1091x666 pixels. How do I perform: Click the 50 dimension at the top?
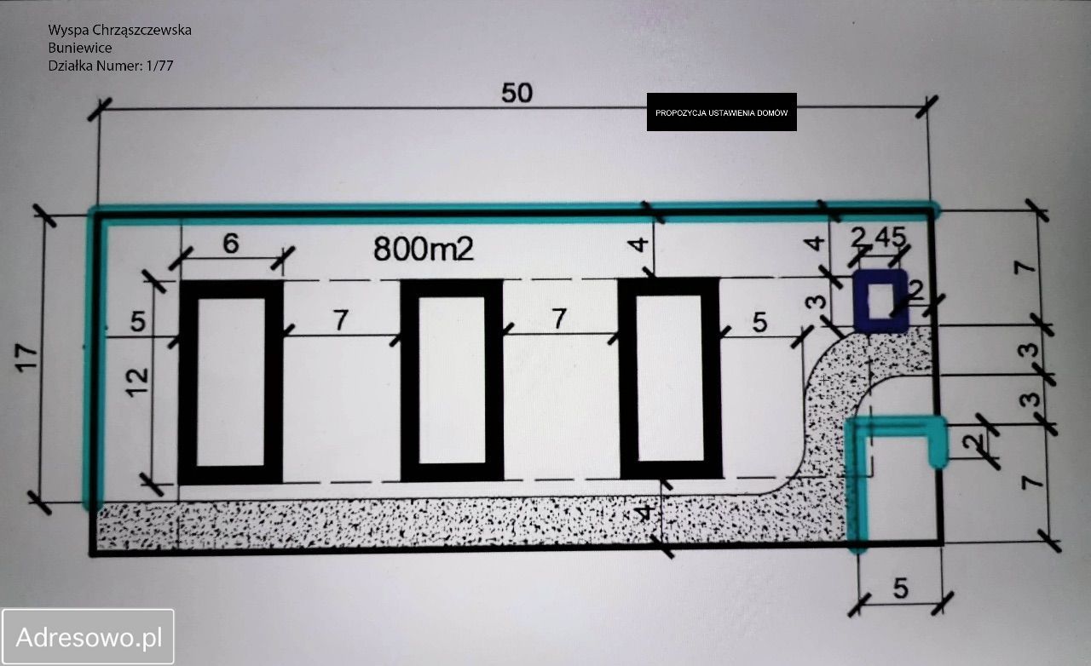coord(517,93)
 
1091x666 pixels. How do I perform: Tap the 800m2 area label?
coord(424,249)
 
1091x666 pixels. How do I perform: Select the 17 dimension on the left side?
coord(26,358)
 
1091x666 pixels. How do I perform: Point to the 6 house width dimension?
coord(231,243)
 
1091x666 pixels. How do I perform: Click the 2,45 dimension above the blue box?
coord(879,237)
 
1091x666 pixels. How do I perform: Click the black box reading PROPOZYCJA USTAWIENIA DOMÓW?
coord(721,112)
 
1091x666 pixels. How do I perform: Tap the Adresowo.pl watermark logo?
coord(88,637)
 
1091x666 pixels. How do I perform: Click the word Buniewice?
coord(80,48)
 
